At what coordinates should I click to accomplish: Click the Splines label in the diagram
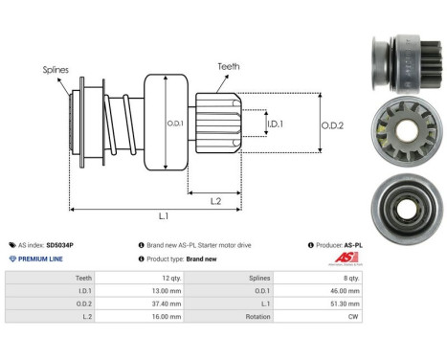(x=56, y=70)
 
